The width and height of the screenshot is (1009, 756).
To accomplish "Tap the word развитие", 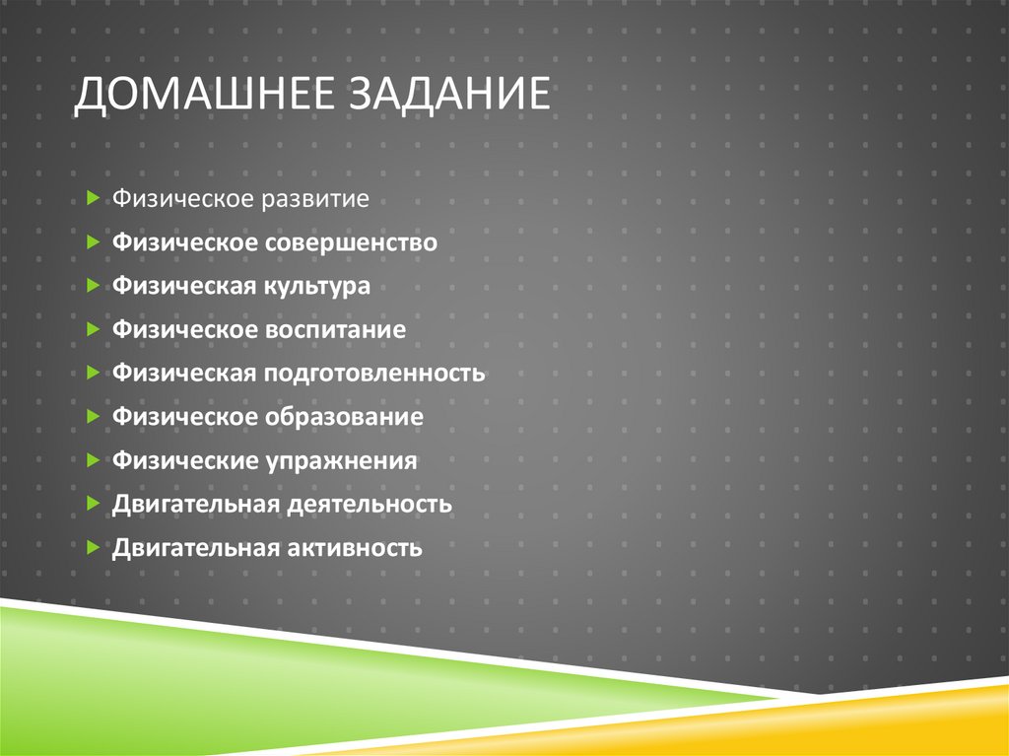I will click(315, 199).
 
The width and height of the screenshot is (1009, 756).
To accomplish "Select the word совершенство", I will click(350, 242).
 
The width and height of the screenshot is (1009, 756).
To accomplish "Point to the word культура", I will click(316, 286).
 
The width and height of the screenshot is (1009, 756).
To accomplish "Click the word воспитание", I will click(334, 330).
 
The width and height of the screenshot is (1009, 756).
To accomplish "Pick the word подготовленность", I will click(373, 374).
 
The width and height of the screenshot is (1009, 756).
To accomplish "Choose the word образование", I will click(343, 417).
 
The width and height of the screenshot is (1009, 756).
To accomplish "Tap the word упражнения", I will click(340, 460).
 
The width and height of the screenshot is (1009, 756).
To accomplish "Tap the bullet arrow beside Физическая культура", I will click(92, 286).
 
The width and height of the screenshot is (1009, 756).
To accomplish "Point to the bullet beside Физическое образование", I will click(92, 417).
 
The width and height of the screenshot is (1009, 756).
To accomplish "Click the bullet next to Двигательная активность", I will click(92, 547).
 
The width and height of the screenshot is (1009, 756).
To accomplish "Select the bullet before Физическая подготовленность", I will click(92, 374).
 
